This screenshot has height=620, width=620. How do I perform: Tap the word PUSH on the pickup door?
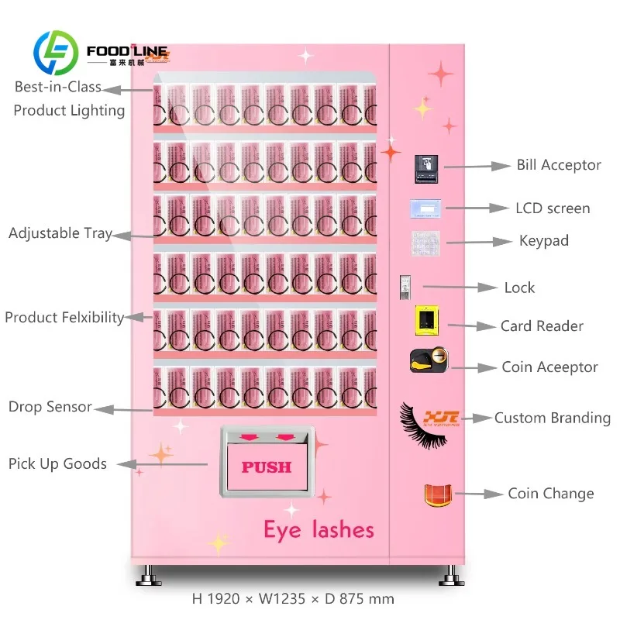tap(266, 467)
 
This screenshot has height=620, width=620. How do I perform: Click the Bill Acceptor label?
tap(559, 165)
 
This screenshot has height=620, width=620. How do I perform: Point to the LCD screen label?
tap(553, 208)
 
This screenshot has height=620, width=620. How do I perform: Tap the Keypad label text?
tap(544, 241)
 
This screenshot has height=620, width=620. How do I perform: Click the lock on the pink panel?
tap(404, 286)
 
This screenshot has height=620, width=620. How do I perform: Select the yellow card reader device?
tap(425, 320)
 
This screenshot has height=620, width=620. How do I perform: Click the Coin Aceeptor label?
tap(549, 367)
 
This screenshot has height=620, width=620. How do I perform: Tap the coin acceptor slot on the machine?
tap(429, 360)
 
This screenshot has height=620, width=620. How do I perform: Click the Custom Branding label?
tap(553, 418)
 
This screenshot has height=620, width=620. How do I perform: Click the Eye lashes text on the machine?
tap(319, 530)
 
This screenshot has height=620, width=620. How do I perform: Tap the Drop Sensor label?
tap(50, 407)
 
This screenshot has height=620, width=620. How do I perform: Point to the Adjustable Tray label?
tap(60, 232)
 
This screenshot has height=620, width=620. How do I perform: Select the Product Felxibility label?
tap(64, 317)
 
